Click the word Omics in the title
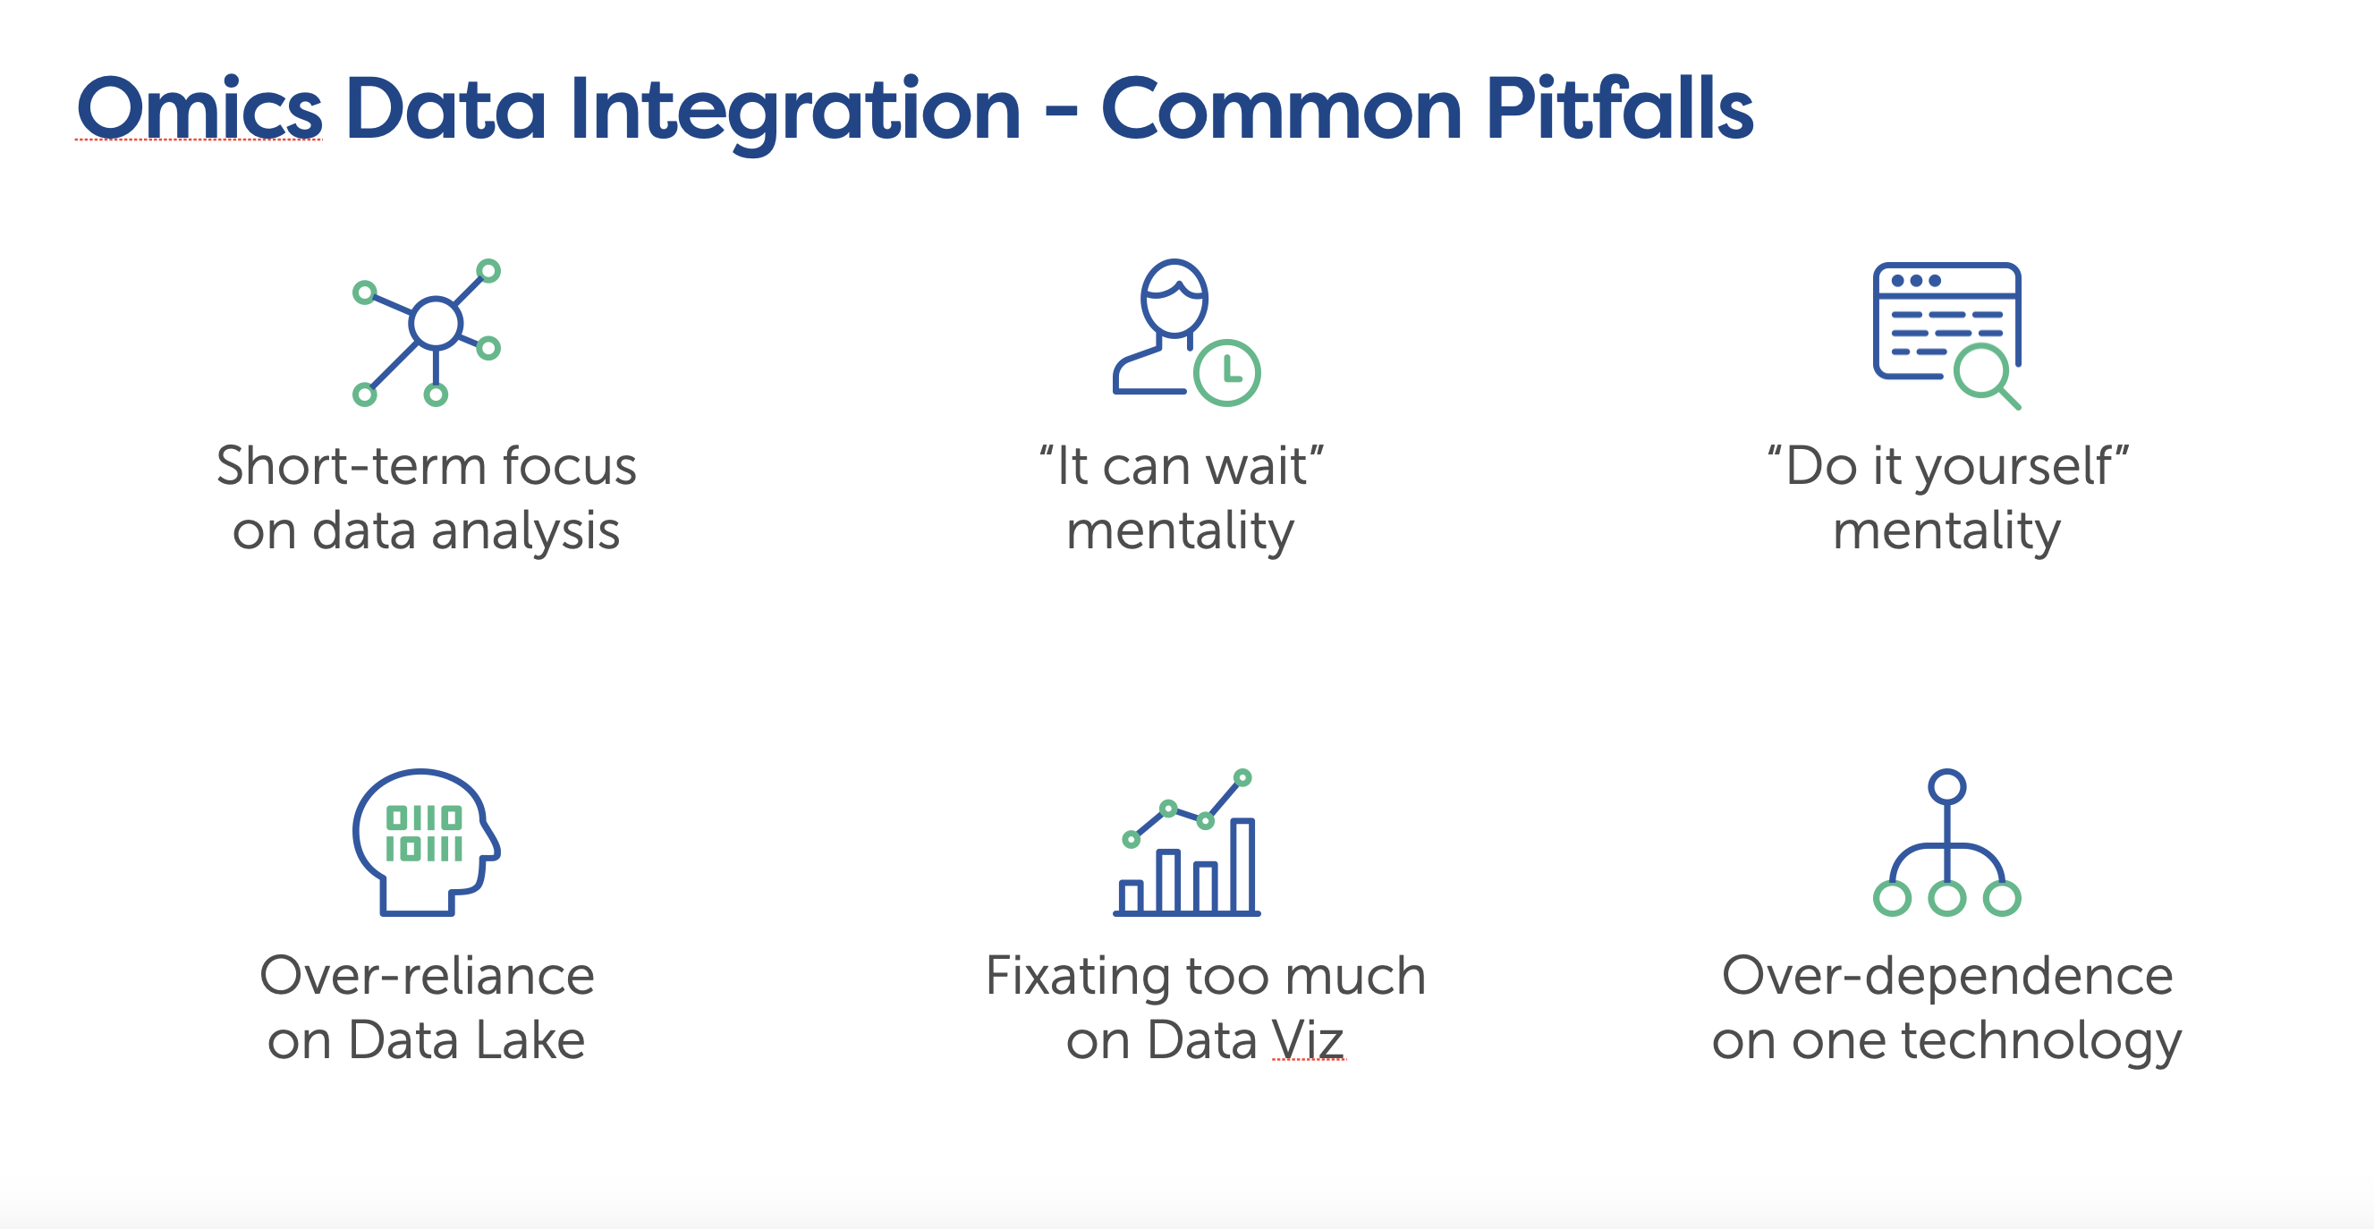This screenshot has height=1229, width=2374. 199,109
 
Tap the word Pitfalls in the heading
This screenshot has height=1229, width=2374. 1618,109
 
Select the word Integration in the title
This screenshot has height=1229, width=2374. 794,109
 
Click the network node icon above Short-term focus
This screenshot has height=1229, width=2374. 435,325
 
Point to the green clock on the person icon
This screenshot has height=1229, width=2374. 1226,372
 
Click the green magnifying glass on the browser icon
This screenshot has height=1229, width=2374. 1981,371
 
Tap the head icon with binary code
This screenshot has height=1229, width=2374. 425,840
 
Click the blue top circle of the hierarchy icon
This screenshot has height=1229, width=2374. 1946,787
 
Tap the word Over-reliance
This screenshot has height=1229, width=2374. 427,976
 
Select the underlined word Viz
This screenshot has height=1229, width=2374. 1308,1040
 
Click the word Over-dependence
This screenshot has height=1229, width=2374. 1946,976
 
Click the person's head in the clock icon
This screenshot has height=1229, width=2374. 1174,297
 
